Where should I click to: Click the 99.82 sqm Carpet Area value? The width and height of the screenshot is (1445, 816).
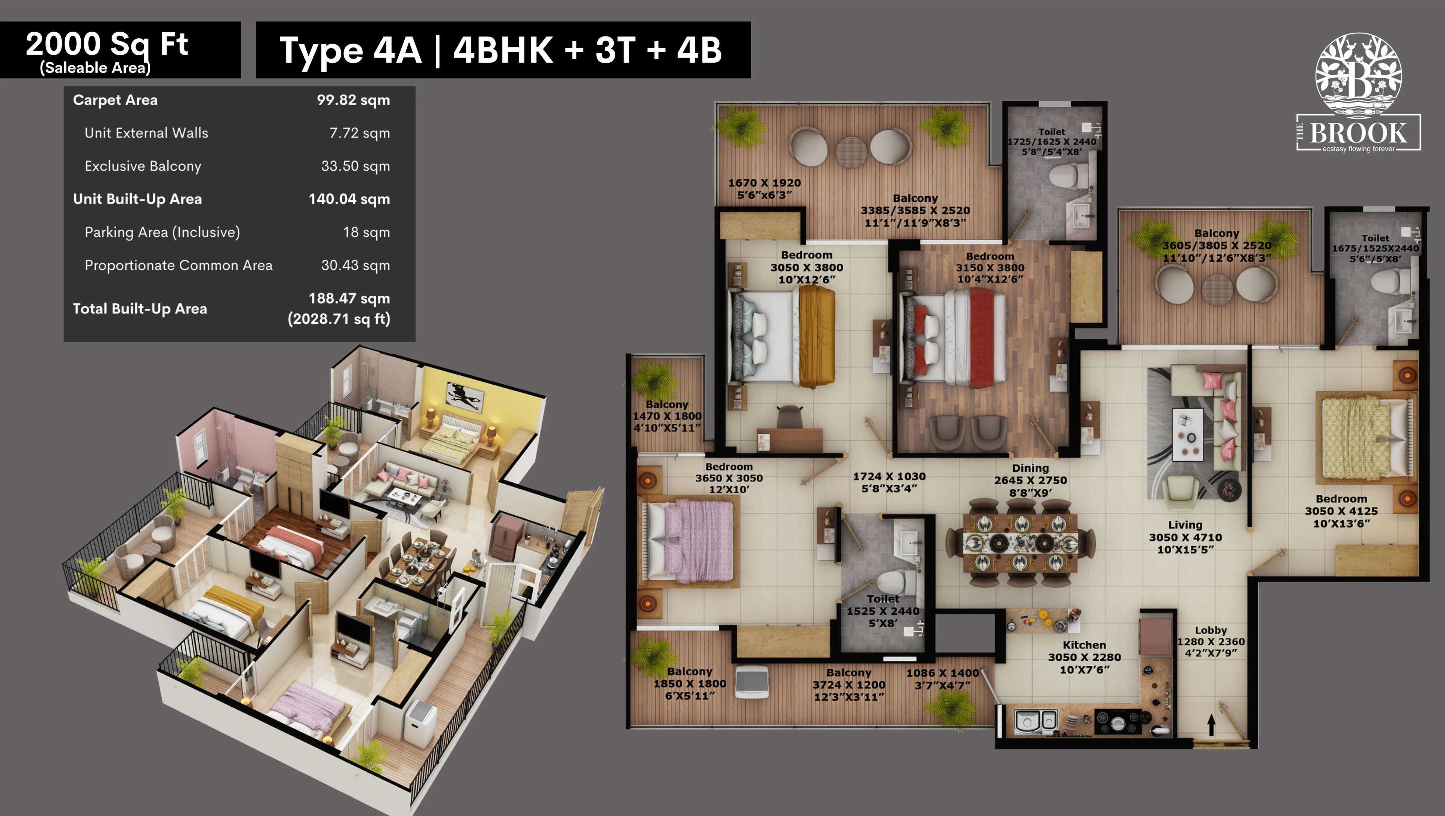tap(353, 100)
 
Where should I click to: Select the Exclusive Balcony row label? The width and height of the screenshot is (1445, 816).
tap(143, 166)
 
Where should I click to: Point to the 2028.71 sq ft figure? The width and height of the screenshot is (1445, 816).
tap(339, 319)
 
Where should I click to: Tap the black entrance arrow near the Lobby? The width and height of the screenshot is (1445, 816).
tap(1211, 725)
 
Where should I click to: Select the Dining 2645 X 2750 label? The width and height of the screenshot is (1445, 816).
tap(1031, 480)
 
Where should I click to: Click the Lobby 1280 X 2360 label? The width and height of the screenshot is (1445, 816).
tap(1210, 641)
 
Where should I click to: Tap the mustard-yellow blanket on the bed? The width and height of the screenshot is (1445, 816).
tap(817, 337)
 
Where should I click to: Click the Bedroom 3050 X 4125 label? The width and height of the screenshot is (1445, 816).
tap(1341, 511)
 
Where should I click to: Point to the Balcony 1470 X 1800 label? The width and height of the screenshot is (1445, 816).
tap(667, 416)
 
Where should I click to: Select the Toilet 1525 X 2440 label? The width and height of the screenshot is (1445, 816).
tap(883, 610)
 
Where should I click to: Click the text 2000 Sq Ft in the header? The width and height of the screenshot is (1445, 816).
tap(107, 44)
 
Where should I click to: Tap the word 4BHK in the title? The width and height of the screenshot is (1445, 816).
tap(503, 50)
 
